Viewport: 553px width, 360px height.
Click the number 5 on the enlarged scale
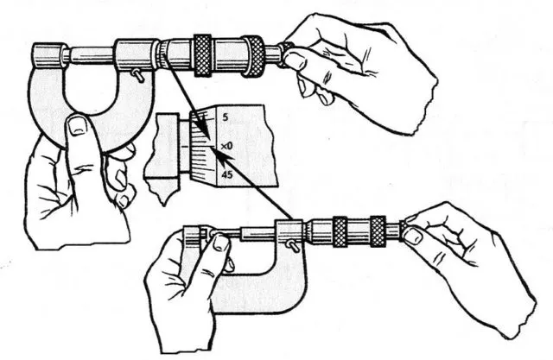click(226, 117)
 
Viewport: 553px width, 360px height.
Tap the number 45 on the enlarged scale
click(228, 174)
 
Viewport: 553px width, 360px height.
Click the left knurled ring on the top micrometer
click(202, 55)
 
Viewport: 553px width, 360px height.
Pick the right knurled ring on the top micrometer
click(252, 56)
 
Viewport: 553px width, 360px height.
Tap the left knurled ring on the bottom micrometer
click(340, 231)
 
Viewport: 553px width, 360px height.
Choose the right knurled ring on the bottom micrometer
click(378, 231)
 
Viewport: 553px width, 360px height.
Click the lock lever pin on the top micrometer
click(137, 75)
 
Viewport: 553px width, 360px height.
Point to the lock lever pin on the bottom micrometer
click(294, 245)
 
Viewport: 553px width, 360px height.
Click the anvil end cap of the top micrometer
click(49, 54)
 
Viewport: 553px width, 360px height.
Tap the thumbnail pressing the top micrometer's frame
click(78, 126)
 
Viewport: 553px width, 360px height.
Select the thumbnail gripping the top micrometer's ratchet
click(295, 60)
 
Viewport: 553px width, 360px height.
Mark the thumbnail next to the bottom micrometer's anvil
click(221, 243)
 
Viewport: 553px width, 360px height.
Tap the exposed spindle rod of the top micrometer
click(91, 55)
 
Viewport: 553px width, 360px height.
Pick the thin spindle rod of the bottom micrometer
click(226, 232)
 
